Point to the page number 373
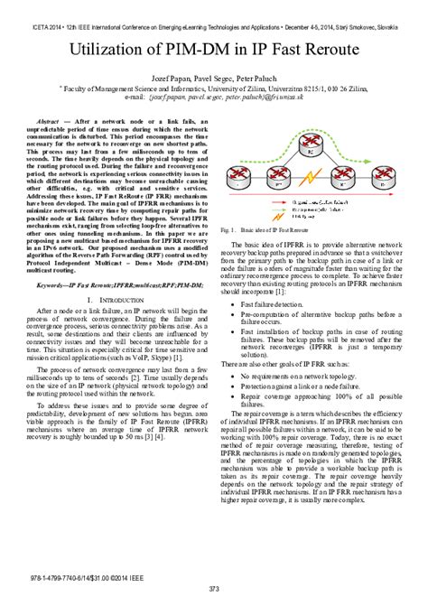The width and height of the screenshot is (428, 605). (214, 588)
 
